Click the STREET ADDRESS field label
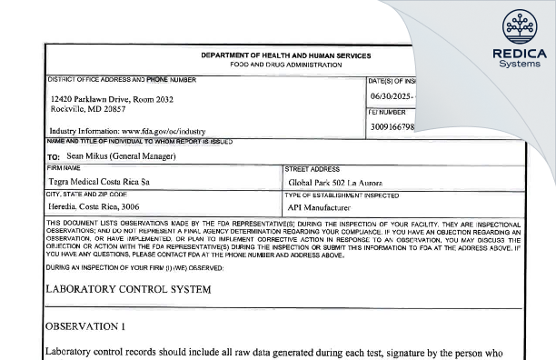312,169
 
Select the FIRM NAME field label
65,169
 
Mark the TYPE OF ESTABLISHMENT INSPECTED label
343,195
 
